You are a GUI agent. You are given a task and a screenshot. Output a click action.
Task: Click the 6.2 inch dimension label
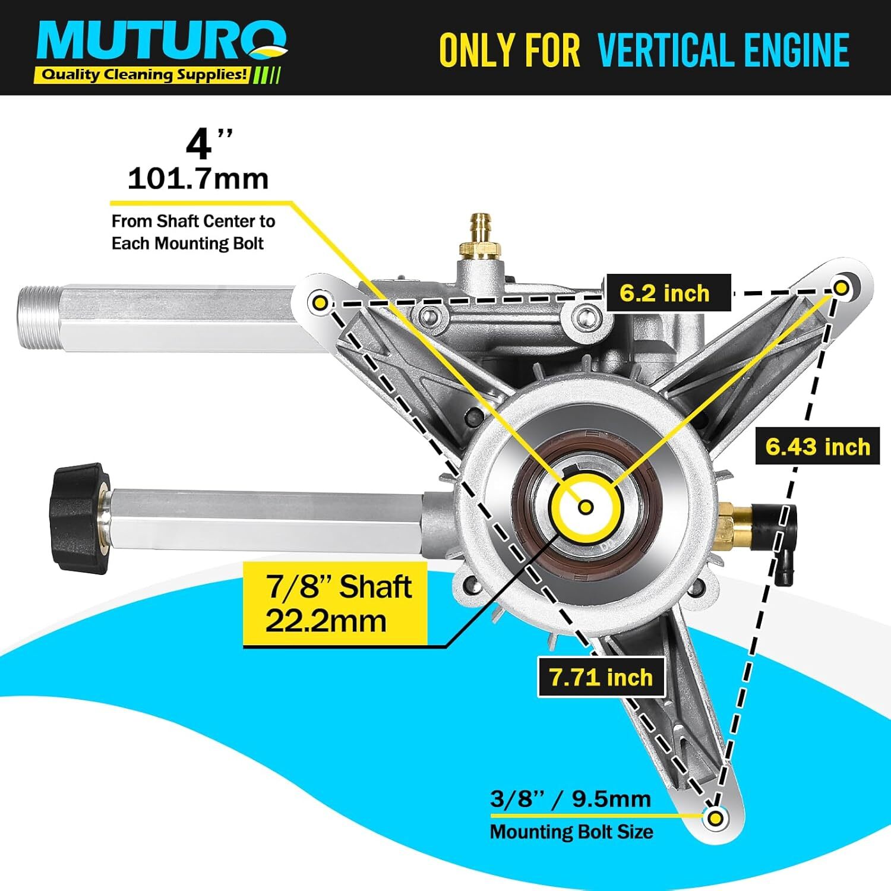point(668,293)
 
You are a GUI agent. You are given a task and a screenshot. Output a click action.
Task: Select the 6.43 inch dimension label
point(817,446)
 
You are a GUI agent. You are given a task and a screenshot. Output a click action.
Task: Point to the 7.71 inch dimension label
point(601,677)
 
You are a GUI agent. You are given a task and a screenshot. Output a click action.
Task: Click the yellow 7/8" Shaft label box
point(336,604)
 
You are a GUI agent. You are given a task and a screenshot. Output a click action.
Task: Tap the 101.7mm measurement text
point(198,178)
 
